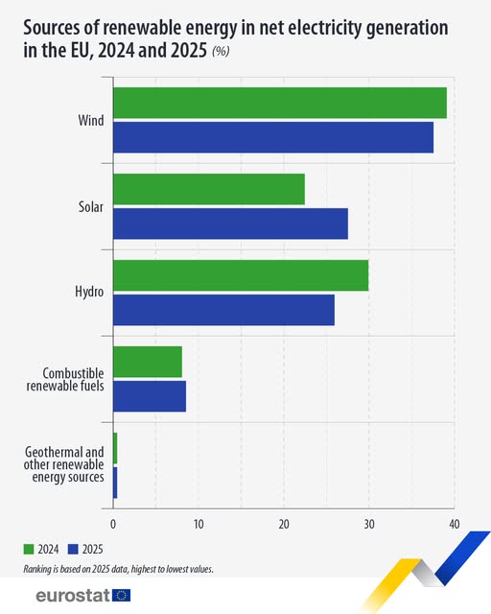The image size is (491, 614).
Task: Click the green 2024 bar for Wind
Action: (x=280, y=104)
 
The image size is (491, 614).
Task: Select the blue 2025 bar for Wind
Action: (x=273, y=137)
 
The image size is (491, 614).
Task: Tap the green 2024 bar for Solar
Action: (x=209, y=189)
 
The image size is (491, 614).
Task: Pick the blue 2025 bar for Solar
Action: (x=230, y=224)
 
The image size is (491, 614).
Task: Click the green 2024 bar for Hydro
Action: (x=241, y=275)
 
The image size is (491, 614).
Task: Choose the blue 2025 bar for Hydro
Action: (x=223, y=310)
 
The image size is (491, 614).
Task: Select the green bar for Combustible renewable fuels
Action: (x=148, y=362)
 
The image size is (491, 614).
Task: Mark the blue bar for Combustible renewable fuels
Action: (x=150, y=396)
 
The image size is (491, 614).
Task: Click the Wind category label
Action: (x=91, y=121)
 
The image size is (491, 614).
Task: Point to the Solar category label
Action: (x=91, y=206)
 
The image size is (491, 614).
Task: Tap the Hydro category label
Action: (x=90, y=293)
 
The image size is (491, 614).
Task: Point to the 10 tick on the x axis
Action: (x=199, y=524)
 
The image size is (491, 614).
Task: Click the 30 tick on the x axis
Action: (x=369, y=524)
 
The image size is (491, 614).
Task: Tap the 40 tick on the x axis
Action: (x=454, y=524)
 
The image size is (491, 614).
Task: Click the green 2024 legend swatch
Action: (x=30, y=550)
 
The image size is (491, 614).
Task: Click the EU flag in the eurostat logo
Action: (x=121, y=596)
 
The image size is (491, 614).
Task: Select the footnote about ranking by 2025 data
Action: (x=119, y=569)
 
